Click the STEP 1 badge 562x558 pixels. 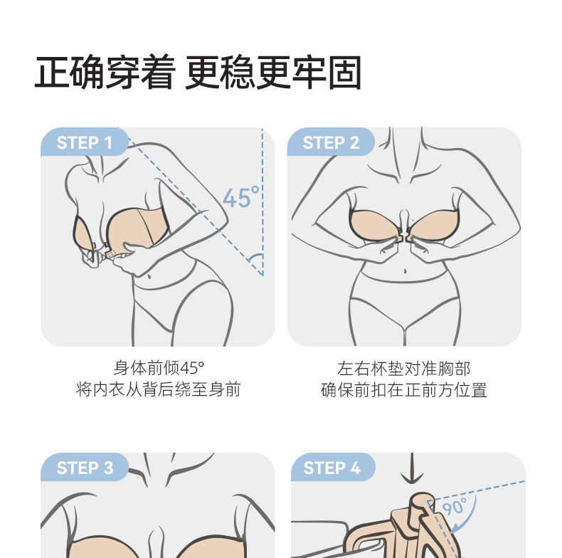point(84,142)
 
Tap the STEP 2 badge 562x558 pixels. point(331,142)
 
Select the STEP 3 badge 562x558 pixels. point(84,468)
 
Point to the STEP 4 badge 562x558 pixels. point(333,468)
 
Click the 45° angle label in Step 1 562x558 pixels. point(241,196)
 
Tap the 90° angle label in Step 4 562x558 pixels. point(455,507)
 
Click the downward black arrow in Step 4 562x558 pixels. point(412,468)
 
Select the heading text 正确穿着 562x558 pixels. point(105,73)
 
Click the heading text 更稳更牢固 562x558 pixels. point(273,73)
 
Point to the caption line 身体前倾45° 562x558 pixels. point(159,368)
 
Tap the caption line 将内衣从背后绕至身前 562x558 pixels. point(159,389)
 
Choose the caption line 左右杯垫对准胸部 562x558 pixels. point(404,368)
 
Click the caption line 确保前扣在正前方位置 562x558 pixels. point(404,390)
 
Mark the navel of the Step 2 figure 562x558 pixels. point(405,270)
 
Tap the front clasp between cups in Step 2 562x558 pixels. point(404,238)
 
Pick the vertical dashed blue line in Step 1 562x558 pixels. point(263,201)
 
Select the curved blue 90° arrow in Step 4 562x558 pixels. point(467,514)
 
